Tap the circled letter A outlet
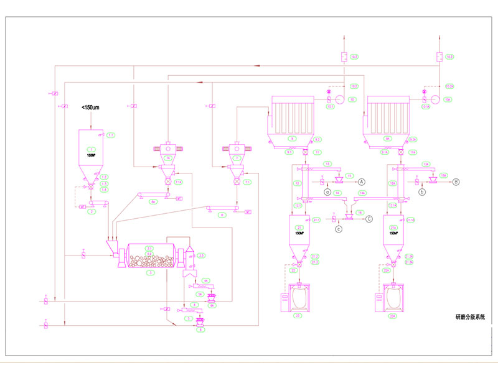coord(360,181)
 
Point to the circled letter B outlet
coord(456,181)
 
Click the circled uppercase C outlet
coord(369,218)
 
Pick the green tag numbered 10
coord(352,99)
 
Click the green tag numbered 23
coord(297,316)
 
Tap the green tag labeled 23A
coord(393,316)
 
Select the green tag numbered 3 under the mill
coord(149,272)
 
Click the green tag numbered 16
coord(360,212)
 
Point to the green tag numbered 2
coord(92,212)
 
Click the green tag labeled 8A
coord(153,201)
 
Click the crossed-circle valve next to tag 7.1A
coord(168,182)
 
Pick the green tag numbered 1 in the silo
coord(92,149)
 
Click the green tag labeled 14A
coord(363,193)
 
